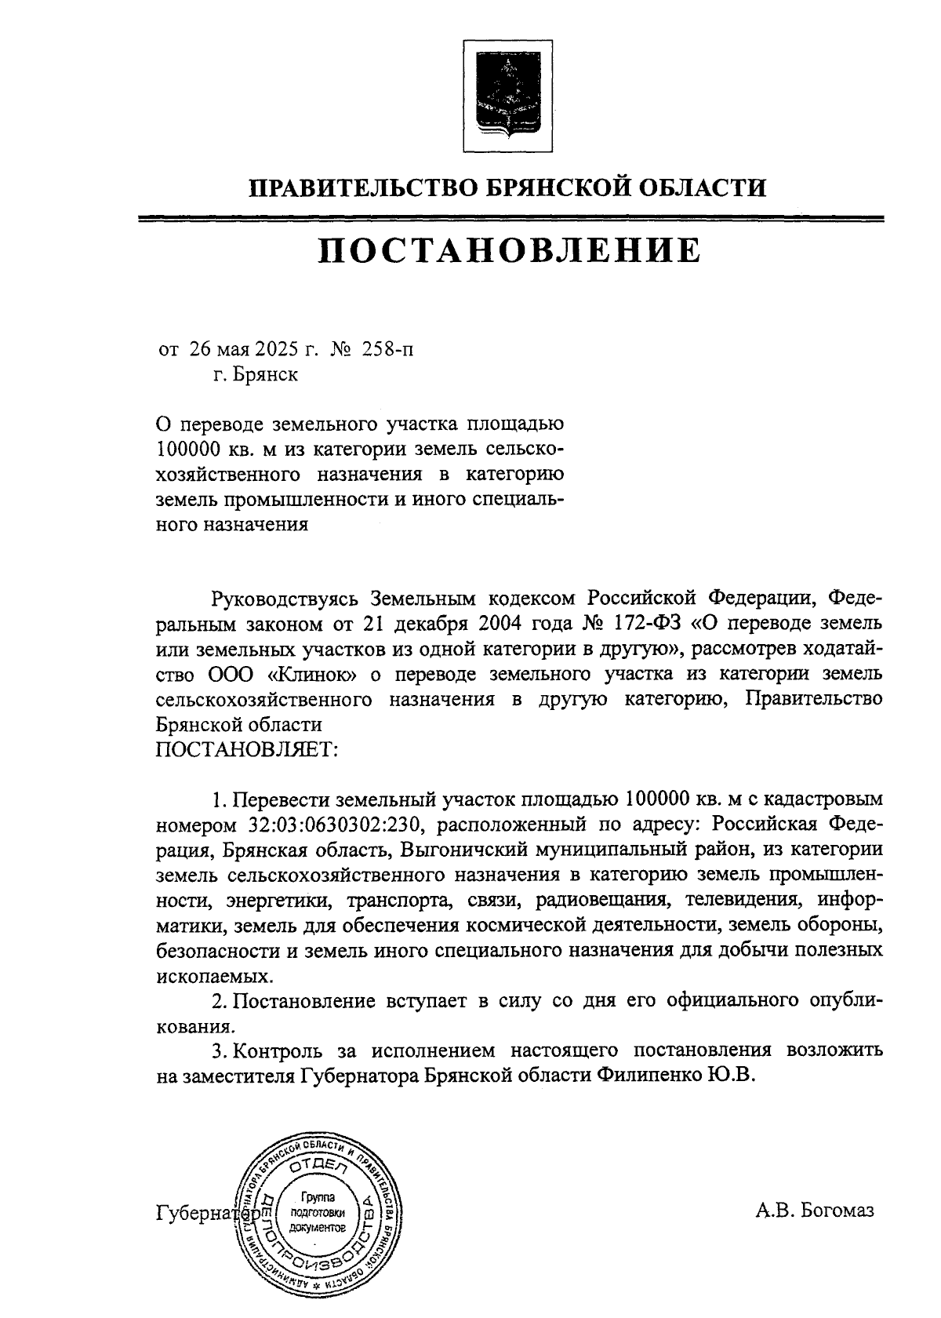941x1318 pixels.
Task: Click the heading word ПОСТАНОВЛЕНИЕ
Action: tap(508, 250)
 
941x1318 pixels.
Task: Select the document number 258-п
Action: tap(387, 349)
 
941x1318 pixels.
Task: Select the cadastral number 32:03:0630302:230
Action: tap(338, 825)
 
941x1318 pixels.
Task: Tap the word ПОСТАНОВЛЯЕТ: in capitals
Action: tap(247, 749)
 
